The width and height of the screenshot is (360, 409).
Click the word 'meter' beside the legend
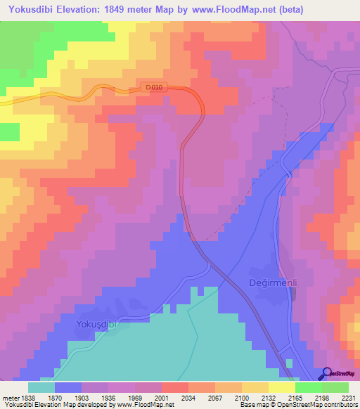[x=8, y=397]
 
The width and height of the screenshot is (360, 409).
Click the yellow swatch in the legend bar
[x=282, y=387]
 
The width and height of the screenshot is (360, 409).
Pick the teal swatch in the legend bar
[x=41, y=387]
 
